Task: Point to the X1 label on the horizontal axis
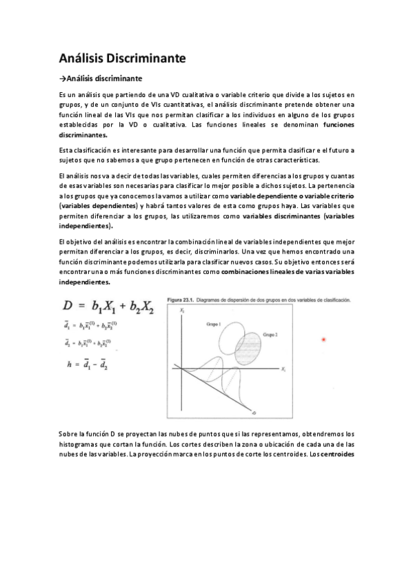(x=283, y=370)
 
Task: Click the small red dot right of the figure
(x=323, y=339)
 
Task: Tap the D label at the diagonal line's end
(x=254, y=413)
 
